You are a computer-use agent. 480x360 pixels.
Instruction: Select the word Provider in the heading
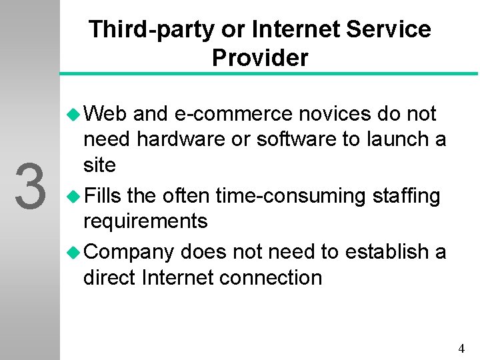(x=260, y=58)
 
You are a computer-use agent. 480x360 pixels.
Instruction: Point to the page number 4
(x=461, y=348)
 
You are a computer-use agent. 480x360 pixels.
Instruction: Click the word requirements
(x=145, y=221)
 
